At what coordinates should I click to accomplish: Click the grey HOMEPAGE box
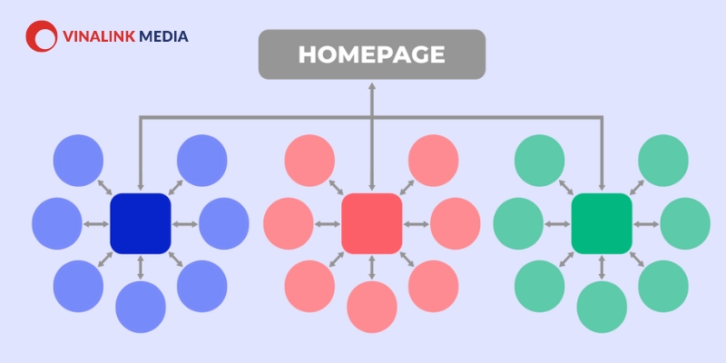click(372, 54)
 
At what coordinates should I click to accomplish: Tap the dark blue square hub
click(141, 223)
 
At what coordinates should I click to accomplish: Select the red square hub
click(371, 223)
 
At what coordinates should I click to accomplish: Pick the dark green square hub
click(602, 223)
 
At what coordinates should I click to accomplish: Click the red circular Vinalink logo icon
click(41, 36)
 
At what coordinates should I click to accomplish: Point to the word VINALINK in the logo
click(98, 36)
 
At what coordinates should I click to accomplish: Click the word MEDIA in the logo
click(163, 36)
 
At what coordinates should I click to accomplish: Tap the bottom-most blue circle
click(141, 307)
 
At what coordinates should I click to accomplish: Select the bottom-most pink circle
click(372, 307)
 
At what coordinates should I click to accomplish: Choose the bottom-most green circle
click(602, 307)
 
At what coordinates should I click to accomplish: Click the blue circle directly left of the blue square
click(57, 223)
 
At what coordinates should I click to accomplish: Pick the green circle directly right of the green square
click(685, 223)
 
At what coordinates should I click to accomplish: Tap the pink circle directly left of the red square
click(289, 223)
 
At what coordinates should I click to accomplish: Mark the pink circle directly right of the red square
click(456, 223)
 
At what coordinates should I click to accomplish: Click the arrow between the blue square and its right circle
click(185, 224)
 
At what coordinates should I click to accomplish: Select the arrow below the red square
click(372, 268)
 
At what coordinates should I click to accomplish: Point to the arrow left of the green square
click(557, 224)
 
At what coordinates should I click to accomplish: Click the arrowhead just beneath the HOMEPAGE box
click(372, 86)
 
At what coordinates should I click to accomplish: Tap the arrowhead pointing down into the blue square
click(141, 187)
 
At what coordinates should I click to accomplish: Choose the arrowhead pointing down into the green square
click(602, 187)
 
